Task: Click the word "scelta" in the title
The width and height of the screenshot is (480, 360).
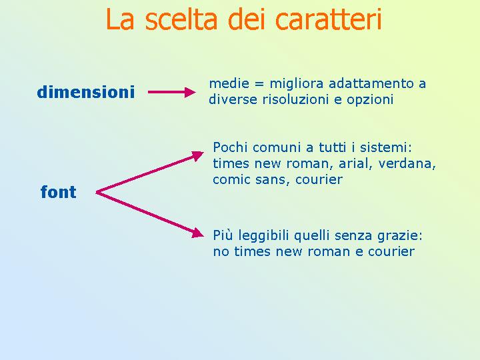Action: [x=181, y=19]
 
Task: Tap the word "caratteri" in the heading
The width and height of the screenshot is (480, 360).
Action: [x=329, y=19]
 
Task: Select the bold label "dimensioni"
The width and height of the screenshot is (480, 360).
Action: [x=86, y=92]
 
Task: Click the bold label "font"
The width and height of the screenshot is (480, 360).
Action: [x=58, y=191]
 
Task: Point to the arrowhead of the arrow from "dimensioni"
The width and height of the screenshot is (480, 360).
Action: [x=190, y=92]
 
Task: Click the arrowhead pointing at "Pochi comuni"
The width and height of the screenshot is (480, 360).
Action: [x=197, y=155]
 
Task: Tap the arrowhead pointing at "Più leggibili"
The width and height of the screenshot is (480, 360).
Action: [x=198, y=233]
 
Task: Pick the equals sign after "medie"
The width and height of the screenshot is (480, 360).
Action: [x=259, y=84]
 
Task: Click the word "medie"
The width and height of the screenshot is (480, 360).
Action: [x=229, y=83]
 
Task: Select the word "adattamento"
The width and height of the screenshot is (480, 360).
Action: [x=371, y=83]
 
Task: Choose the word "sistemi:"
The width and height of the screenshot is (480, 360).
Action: [x=386, y=147]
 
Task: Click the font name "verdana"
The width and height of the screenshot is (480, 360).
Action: [x=405, y=163]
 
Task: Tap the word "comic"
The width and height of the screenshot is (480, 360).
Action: [x=231, y=179]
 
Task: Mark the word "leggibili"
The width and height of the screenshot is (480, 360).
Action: [x=263, y=236]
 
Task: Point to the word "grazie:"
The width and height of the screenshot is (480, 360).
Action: [x=400, y=236]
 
